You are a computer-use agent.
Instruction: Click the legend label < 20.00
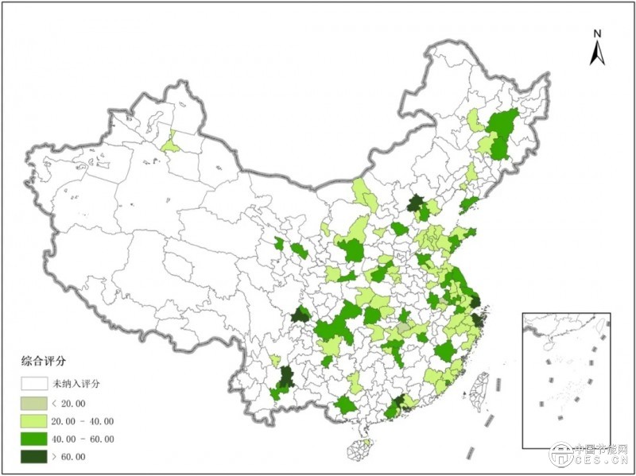[x=74, y=402]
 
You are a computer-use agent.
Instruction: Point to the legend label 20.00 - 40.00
[x=88, y=420]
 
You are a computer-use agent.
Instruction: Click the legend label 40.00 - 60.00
[x=88, y=439]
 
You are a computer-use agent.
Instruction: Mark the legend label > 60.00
[x=74, y=457]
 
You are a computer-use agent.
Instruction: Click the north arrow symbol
[x=598, y=53]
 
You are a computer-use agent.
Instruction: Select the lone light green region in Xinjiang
[x=169, y=144]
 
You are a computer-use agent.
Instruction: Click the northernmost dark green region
[x=414, y=204]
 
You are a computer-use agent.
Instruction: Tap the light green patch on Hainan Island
[x=366, y=443]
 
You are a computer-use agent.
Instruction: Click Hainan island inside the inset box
[x=545, y=348]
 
